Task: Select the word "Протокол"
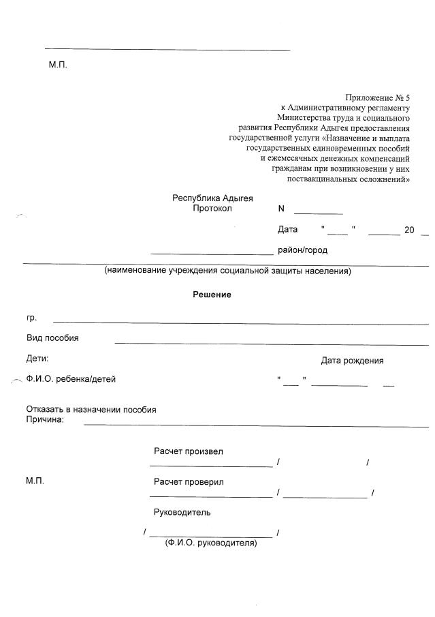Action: (212, 209)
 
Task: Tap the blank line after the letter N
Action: (318, 213)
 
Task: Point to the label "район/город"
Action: (302, 250)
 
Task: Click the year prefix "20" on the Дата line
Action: (409, 230)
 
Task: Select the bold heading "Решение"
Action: (212, 295)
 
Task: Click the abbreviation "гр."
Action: (31, 318)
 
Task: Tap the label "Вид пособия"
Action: (52, 338)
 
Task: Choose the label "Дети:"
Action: (37, 358)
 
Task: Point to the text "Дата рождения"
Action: (352, 361)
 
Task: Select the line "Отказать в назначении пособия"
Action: (91, 410)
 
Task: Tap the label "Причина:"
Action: (45, 420)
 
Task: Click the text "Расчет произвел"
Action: (189, 451)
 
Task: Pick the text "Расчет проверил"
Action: (189, 482)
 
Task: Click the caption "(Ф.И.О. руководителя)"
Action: (210, 543)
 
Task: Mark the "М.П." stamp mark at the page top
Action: (58, 65)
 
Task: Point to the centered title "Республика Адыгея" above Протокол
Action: (212, 198)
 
